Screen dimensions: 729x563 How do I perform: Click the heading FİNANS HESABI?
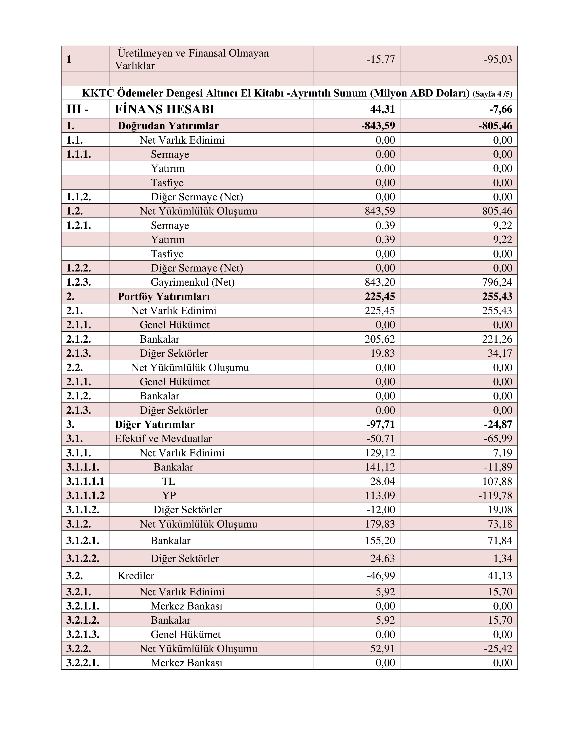pyautogui.click(x=164, y=109)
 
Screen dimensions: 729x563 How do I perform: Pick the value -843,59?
pyautogui.click(x=378, y=126)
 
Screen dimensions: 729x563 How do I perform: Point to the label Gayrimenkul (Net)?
pyautogui.click(x=193, y=282)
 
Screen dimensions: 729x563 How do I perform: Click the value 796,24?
pyautogui.click(x=497, y=282)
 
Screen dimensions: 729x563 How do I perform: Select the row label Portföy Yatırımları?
pyautogui.click(x=164, y=296)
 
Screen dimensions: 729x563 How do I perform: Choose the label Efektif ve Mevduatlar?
pyautogui.click(x=163, y=439)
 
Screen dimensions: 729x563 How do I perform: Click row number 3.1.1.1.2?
pyautogui.click(x=85, y=495)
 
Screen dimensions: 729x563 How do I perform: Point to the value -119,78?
pyautogui.click(x=495, y=495)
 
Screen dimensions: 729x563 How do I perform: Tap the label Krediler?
pyautogui.click(x=136, y=576)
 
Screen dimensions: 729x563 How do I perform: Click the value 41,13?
pyautogui.click(x=500, y=576)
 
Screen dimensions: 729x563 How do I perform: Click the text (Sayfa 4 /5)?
pyautogui.click(x=492, y=94)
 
